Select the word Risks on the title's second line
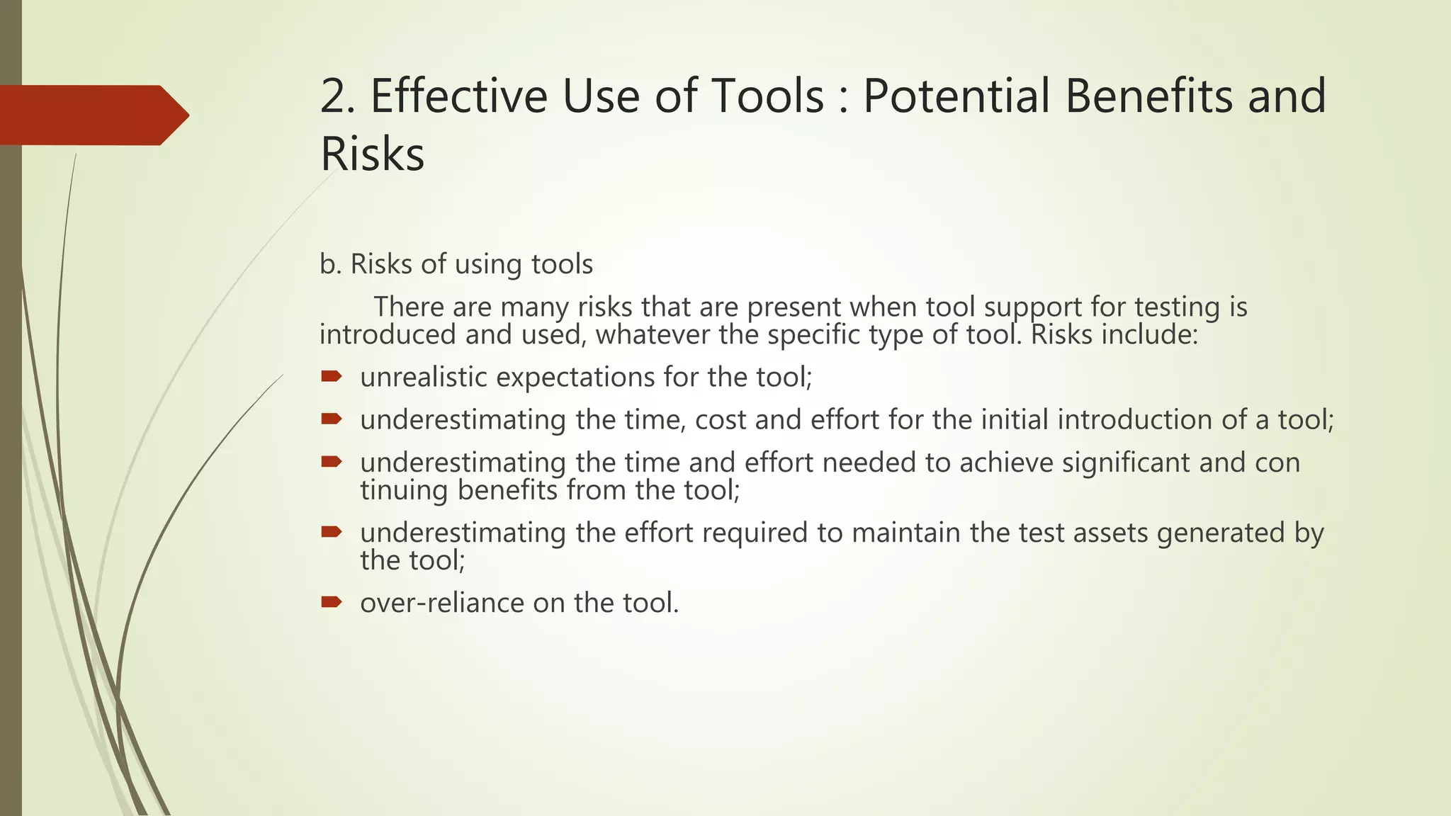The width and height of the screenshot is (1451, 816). (x=372, y=154)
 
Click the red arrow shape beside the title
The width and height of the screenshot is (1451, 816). (x=92, y=115)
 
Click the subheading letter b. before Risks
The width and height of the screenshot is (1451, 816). (x=330, y=264)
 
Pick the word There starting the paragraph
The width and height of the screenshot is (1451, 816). (x=410, y=307)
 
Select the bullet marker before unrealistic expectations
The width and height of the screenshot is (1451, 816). (x=331, y=376)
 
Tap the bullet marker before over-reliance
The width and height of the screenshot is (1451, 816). (x=331, y=602)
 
